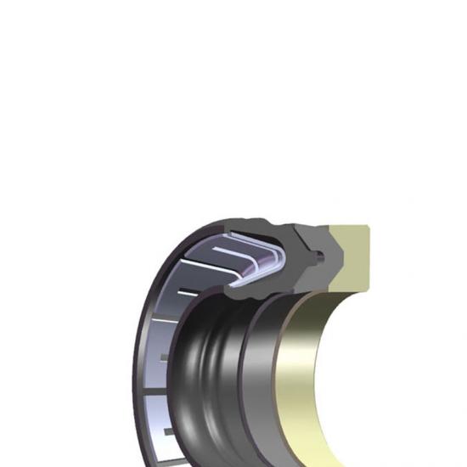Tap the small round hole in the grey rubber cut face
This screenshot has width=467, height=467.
click(x=320, y=253)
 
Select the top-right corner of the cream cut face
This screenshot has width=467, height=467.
click(x=369, y=227)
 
